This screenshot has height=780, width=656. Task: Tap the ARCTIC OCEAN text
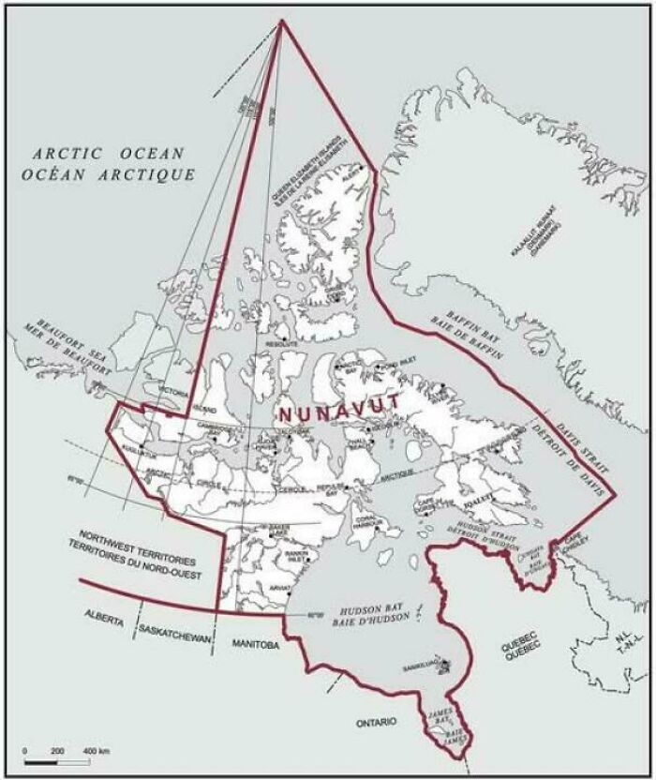[106, 153]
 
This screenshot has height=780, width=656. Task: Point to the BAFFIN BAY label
[474, 335]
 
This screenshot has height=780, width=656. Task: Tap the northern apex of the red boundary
[281, 21]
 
